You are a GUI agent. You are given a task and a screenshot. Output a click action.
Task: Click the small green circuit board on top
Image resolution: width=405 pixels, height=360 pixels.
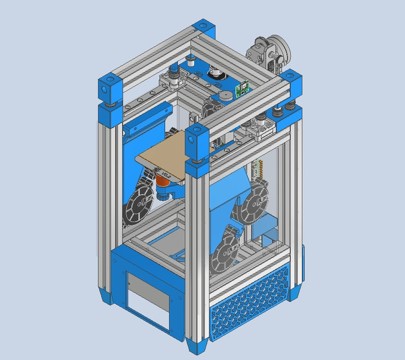[x=244, y=89]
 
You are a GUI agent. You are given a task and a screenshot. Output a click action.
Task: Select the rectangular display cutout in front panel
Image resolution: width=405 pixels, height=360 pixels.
[x=147, y=303]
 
